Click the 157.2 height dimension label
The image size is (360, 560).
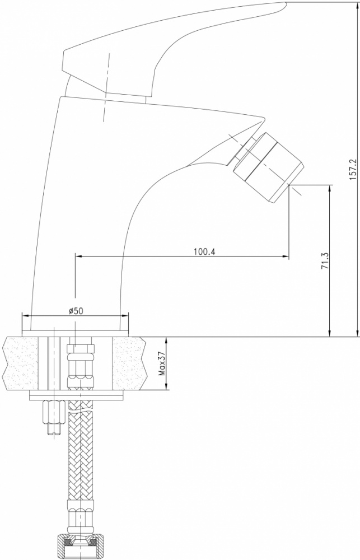point(353,169)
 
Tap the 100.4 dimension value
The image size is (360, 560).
point(205,252)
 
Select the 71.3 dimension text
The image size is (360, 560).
point(325,260)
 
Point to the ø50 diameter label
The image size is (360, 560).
point(76,311)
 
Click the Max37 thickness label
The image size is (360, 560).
point(162,363)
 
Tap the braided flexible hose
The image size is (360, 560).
point(81,450)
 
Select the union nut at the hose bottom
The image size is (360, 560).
point(81,547)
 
